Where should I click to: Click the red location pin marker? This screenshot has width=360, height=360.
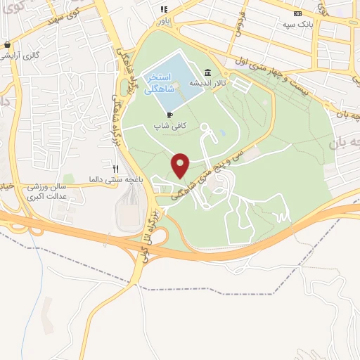click(181, 165)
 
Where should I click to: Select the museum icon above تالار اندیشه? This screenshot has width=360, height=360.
click(208, 72)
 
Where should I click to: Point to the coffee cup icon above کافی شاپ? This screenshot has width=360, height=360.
click(169, 114)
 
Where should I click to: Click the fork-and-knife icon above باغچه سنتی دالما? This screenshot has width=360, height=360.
click(115, 169)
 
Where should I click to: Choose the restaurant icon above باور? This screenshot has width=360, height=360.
click(164, 10)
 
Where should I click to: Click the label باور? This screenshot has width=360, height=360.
click(164, 20)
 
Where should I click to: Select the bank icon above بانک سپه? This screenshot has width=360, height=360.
click(297, 14)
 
